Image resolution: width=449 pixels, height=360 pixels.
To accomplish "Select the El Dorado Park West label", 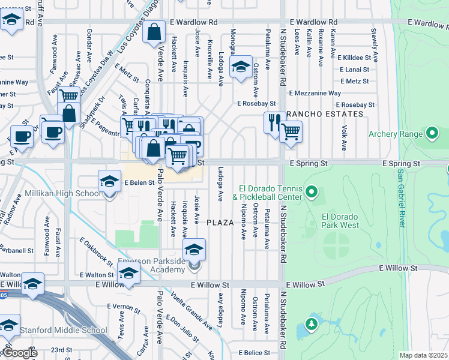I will (x=340, y=221).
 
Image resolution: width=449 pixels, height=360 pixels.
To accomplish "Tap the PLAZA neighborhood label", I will (x=220, y=222).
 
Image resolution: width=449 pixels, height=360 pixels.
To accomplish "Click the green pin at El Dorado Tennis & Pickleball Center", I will (x=311, y=192).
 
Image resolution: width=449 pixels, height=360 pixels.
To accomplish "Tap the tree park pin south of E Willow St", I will (x=311, y=325).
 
